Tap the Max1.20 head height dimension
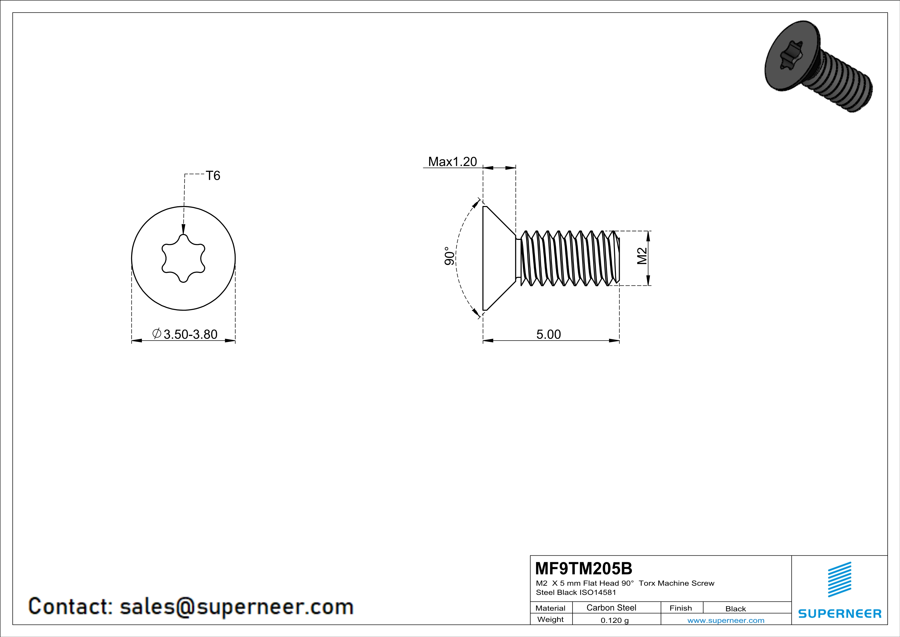pos(452,162)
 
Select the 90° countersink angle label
pos(450,256)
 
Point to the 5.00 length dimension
pos(548,334)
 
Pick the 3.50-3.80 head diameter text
pos(190,334)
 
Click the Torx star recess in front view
pos(183,258)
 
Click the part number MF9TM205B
pos(584,568)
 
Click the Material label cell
pos(550,608)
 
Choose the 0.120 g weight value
pos(615,620)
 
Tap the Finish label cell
pos(681,608)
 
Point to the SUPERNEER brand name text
pos(840,613)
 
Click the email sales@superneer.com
pos(236,606)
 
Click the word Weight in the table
pos(550,619)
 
